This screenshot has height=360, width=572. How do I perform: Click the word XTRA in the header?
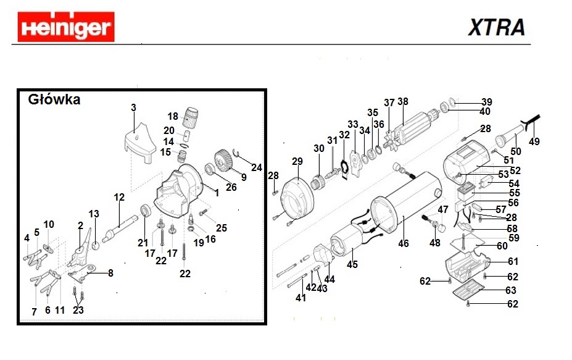pos(496,28)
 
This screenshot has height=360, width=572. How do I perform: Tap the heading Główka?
pos(54,99)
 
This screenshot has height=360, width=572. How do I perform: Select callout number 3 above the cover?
pos(133,108)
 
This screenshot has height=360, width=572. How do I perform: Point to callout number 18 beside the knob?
pos(173,116)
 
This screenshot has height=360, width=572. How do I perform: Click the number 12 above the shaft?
pos(119,198)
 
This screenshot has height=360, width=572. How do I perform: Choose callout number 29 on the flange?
pos(297,162)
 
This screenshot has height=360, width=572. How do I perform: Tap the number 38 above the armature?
pos(403,102)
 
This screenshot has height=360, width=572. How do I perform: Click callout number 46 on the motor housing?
pos(403,243)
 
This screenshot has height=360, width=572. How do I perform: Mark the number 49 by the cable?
pos(534,141)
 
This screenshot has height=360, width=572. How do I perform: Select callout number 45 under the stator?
pos(352,265)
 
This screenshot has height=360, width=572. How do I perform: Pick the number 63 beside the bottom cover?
pos(511,290)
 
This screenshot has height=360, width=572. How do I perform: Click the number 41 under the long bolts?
pos(301,298)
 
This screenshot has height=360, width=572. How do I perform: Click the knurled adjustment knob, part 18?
pos(193,115)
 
